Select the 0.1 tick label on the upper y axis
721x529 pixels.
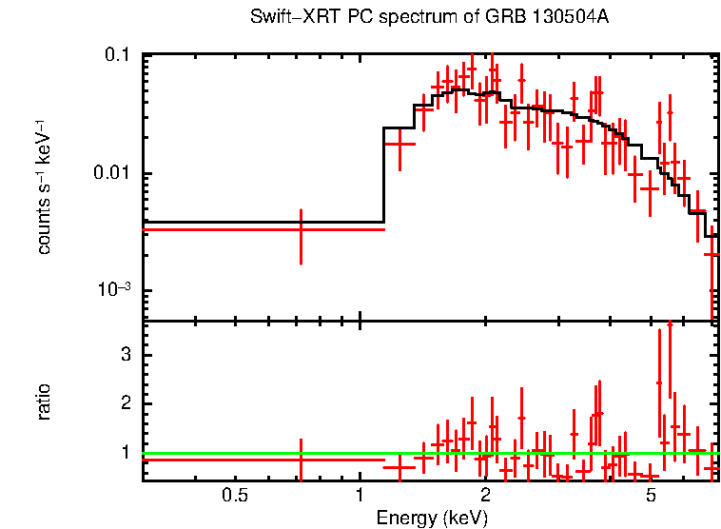(x=118, y=56)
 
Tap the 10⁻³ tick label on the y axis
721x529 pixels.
(x=114, y=290)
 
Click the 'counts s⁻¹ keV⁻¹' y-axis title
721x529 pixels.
(x=44, y=186)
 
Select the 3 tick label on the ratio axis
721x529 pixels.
(x=123, y=354)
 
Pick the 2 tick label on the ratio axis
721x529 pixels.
(x=123, y=403)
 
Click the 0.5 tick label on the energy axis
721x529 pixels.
(x=234, y=495)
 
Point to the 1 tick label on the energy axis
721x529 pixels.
(x=360, y=495)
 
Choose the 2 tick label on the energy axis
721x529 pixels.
(x=485, y=495)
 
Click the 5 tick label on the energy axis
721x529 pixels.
(x=652, y=495)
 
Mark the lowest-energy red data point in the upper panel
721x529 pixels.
(x=301, y=229)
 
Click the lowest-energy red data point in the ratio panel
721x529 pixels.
(x=301, y=460)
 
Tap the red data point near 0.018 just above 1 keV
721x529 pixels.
(x=399, y=144)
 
